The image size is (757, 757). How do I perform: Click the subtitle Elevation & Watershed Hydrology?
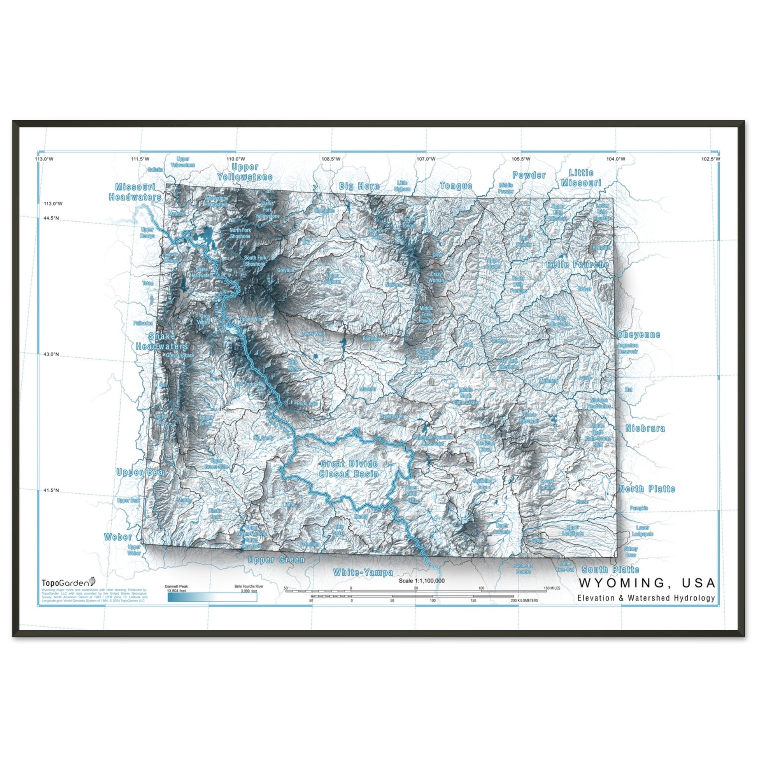tap(646, 598)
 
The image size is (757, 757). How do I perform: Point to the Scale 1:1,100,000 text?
tap(421, 581)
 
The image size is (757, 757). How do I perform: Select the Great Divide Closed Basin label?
tap(349, 469)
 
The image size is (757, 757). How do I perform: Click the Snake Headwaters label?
tap(162, 341)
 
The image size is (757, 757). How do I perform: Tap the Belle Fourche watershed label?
tap(578, 265)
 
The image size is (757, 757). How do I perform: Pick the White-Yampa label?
tap(363, 573)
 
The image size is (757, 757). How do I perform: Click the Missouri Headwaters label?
tap(135, 192)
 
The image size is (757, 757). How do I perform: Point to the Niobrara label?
tap(645, 428)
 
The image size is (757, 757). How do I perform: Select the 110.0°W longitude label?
tap(236, 159)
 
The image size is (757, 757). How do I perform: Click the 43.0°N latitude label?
tap(51, 354)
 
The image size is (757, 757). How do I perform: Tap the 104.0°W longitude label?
tap(615, 159)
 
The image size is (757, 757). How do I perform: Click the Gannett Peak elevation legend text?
tap(176, 589)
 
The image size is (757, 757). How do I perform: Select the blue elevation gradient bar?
tap(212, 597)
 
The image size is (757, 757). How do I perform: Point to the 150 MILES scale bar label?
tap(552, 588)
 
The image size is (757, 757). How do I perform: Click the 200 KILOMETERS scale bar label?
tap(524, 600)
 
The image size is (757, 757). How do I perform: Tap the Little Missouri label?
tap(581, 177)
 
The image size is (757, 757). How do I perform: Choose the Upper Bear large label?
tap(142, 472)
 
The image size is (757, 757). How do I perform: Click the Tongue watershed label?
tap(456, 186)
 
